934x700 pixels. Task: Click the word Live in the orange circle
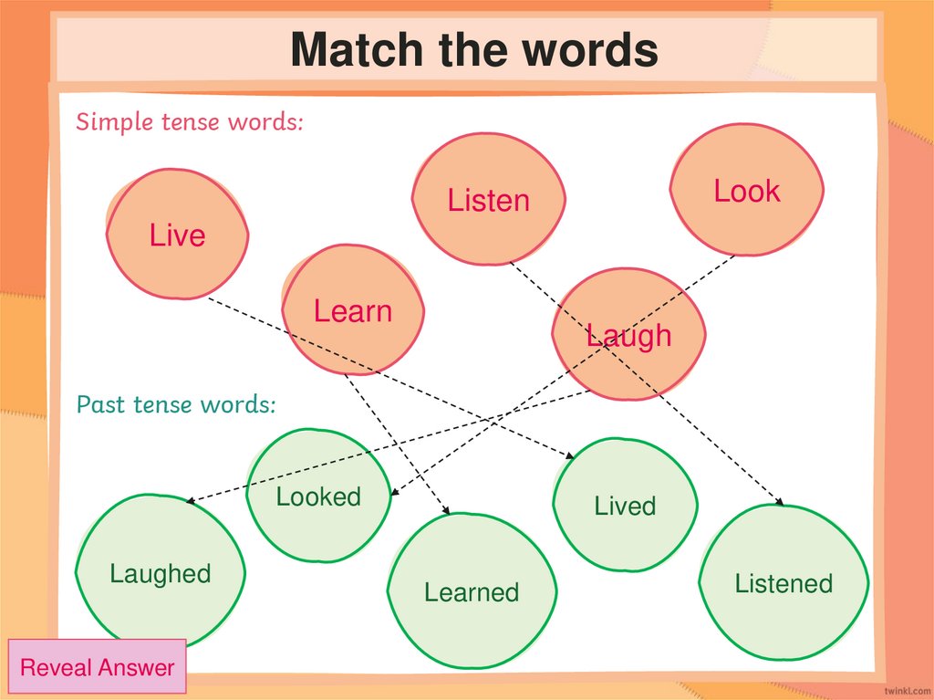[177, 235]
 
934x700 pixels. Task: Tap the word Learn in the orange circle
[352, 311]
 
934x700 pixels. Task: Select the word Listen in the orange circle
[488, 201]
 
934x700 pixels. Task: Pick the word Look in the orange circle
[747, 192]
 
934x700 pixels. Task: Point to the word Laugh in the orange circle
[628, 336]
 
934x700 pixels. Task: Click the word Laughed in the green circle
[160, 574]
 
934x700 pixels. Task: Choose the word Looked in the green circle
[318, 497]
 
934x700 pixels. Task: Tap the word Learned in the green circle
[472, 593]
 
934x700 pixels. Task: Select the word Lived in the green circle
[625, 506]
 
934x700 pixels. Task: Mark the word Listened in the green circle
[784, 584]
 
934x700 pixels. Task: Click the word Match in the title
[357, 50]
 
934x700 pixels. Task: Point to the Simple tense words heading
[189, 122]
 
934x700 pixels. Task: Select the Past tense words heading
[175, 404]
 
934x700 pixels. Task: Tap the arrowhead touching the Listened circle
[780, 501]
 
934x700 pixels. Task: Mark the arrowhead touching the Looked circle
[393, 494]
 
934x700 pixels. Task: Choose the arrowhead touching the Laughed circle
[190, 501]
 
